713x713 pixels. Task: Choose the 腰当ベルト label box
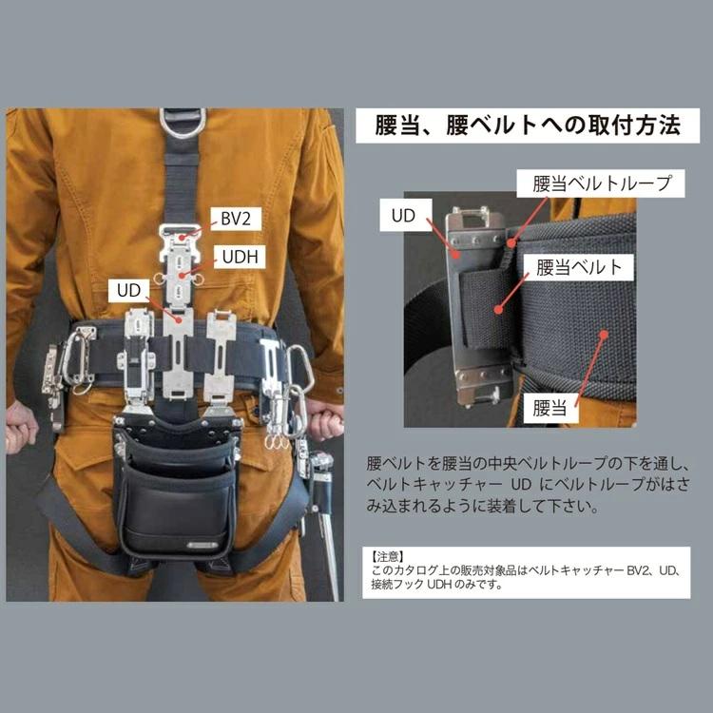580,266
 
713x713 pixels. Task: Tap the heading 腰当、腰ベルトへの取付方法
529,125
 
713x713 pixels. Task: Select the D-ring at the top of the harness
183,122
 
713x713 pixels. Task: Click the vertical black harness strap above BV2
181,181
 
